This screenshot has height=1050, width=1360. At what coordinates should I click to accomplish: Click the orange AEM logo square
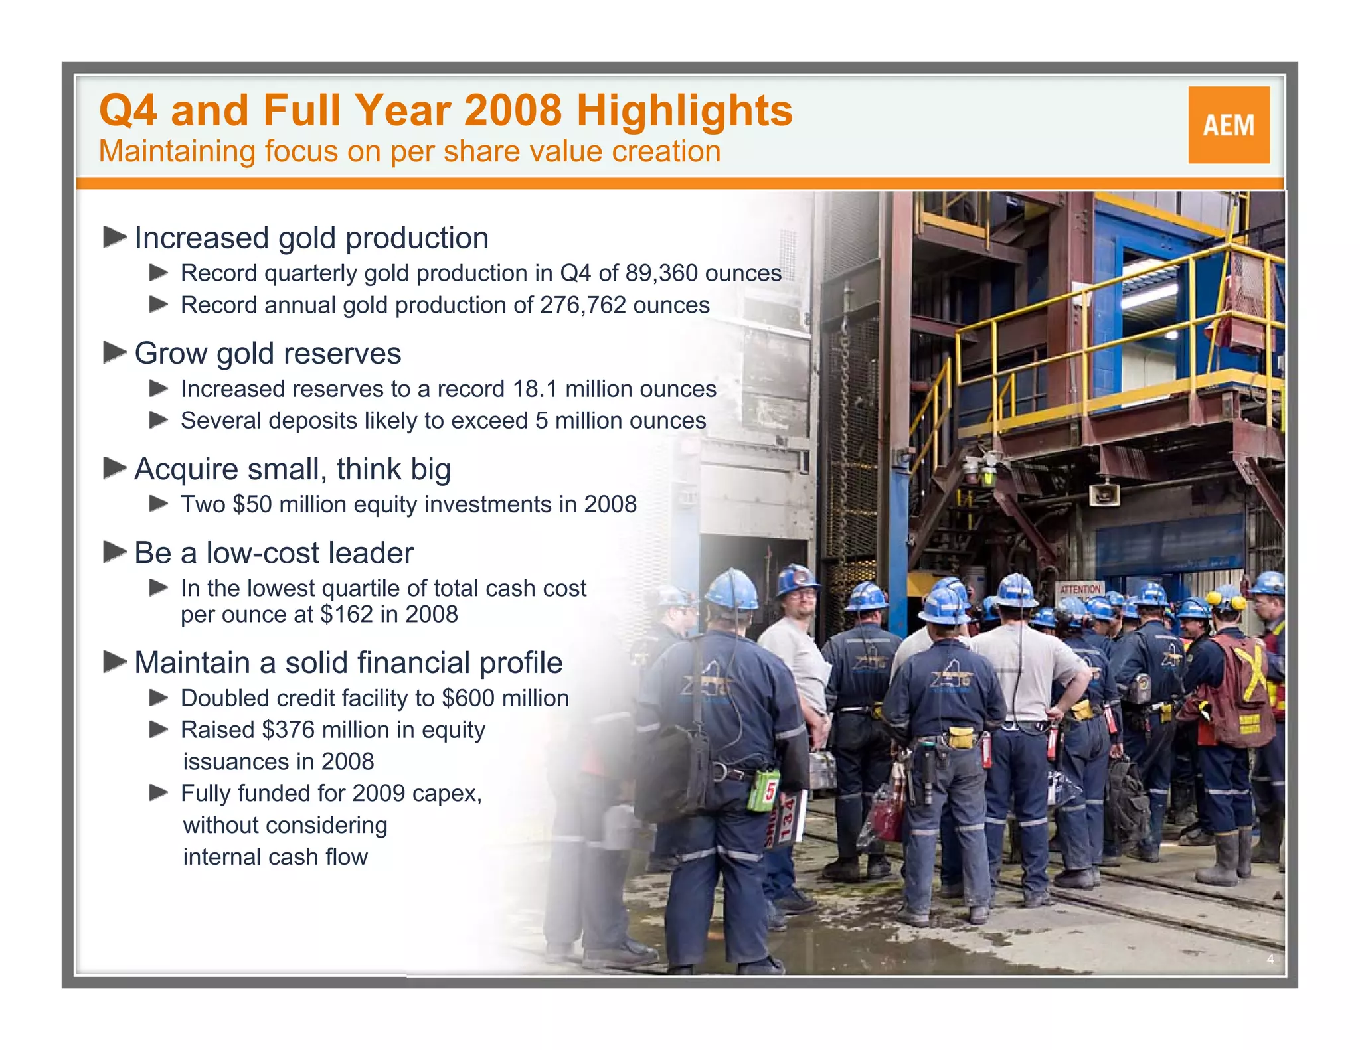[x=1229, y=125]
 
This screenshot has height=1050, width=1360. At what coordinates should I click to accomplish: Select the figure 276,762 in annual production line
[x=582, y=305]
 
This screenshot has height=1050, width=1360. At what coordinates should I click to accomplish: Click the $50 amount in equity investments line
[x=252, y=504]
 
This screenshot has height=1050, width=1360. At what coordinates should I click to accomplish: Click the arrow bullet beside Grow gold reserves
[x=115, y=352]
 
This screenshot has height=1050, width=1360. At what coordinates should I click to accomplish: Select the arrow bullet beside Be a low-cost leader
[x=115, y=552]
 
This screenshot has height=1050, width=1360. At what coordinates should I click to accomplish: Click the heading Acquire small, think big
[x=292, y=469]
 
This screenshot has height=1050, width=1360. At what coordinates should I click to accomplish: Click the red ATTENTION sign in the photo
[x=1080, y=589]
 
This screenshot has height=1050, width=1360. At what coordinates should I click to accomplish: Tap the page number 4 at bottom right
[x=1270, y=959]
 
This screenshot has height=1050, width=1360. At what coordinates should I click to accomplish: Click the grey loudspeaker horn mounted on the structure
[x=1104, y=494]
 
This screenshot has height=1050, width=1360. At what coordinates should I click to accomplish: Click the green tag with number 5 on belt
[x=764, y=790]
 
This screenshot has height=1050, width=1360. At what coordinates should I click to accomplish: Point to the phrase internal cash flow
[x=275, y=857]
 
